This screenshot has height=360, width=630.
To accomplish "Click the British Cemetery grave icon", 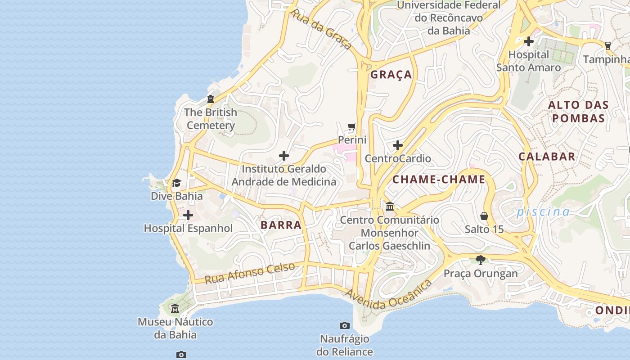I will [x=210, y=99].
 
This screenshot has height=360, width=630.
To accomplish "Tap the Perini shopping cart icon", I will [x=352, y=127].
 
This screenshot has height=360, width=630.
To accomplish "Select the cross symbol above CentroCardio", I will [x=398, y=145].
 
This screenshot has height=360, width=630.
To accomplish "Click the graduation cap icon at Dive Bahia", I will [x=176, y=183].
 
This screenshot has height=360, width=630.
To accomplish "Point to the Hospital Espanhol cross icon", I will [x=188, y=215].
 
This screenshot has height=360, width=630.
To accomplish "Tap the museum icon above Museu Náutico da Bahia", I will [x=175, y=309].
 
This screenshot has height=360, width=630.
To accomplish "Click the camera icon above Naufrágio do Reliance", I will [x=345, y=325].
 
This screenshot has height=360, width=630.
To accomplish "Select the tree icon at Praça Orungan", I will [x=481, y=260].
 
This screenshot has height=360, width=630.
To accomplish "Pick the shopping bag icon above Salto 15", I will [x=484, y=216].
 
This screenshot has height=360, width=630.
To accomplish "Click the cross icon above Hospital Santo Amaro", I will [x=529, y=41].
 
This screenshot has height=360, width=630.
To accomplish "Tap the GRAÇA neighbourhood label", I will [x=391, y=75].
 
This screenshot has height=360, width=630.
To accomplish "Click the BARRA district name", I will [x=281, y=225].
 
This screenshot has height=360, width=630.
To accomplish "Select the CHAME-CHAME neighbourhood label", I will [x=439, y=180].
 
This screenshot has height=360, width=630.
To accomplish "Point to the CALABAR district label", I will [x=547, y=157].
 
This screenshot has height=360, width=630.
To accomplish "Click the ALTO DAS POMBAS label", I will [x=578, y=112].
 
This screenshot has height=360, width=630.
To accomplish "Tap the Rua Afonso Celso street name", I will [x=250, y=273].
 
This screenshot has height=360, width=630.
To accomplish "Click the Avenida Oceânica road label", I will [x=389, y=295].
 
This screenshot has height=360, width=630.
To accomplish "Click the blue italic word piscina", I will [x=543, y=211].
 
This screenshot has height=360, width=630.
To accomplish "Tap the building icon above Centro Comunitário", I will [x=390, y=207].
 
